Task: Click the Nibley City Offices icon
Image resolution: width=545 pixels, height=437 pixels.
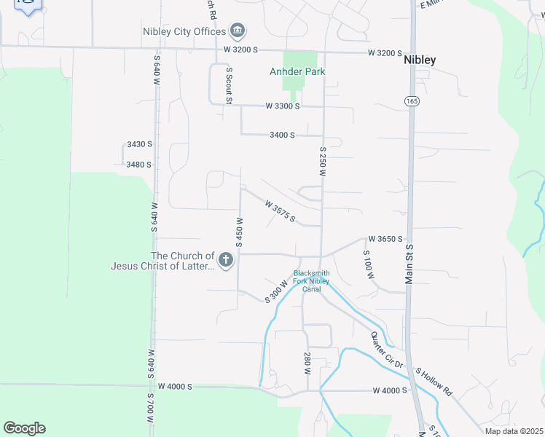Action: (x=238, y=31)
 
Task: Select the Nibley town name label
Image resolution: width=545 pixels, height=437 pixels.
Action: (x=420, y=60)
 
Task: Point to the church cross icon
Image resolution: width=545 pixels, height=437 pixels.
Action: (x=226, y=260)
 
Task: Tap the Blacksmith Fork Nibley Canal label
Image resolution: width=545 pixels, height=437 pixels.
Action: (x=312, y=281)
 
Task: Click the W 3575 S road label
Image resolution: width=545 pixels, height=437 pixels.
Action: (x=278, y=212)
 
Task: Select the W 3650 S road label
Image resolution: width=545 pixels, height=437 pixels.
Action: (x=385, y=238)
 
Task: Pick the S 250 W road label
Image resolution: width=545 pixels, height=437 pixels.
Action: (x=321, y=161)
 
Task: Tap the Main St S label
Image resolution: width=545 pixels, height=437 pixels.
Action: (x=409, y=264)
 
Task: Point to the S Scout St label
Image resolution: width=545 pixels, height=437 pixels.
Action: (x=229, y=86)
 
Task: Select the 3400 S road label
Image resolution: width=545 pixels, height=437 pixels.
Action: (x=281, y=135)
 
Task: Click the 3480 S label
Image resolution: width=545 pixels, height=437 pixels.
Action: (x=138, y=164)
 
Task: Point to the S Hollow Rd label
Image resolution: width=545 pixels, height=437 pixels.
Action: (x=434, y=381)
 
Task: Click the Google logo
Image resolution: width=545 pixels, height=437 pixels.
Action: (x=24, y=428)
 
